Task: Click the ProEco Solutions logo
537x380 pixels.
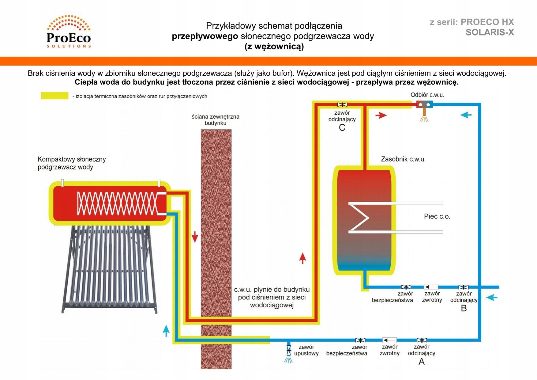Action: pos(69,32)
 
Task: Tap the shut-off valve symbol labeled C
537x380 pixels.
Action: pos(342,105)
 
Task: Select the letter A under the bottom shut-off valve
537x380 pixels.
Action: pos(422,362)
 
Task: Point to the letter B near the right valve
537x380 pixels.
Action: pos(464,308)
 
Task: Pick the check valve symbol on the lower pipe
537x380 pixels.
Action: pos(389,340)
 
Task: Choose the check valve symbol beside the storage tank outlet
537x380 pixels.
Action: pos(431,287)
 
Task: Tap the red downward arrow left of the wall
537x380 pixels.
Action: pos(195,237)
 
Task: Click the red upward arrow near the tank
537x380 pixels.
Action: pos(302,258)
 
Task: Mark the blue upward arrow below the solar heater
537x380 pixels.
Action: pos(166,331)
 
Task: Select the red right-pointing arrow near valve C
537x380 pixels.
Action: pos(381,115)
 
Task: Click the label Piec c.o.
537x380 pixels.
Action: pos(437,216)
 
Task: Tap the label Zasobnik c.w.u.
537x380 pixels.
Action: pos(403,159)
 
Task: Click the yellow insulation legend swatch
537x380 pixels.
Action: pos(55,96)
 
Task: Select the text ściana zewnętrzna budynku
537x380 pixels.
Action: pos(215,120)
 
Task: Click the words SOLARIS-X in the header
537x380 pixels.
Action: pos(490,32)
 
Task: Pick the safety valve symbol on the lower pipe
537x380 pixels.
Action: pos(360,340)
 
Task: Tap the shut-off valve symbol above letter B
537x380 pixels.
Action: pos(463,287)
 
